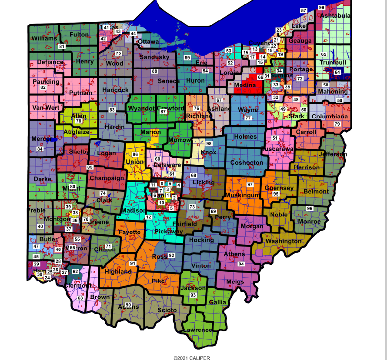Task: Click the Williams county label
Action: click(x=44, y=38)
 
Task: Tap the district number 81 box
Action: click(x=62, y=46)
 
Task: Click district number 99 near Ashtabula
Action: click(x=321, y=7)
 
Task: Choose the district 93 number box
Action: click(x=193, y=295)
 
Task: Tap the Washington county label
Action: click(x=283, y=241)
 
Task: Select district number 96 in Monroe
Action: click(x=310, y=208)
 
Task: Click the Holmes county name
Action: click(x=245, y=137)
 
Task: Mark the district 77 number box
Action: click(x=248, y=118)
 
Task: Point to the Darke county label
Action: click(x=42, y=179)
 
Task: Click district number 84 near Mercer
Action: click(x=40, y=149)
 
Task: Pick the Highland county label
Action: click(x=118, y=272)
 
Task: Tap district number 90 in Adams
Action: click(x=128, y=304)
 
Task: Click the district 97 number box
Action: click(x=250, y=185)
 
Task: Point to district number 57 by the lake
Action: click(x=304, y=10)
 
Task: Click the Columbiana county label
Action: click(x=330, y=117)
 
